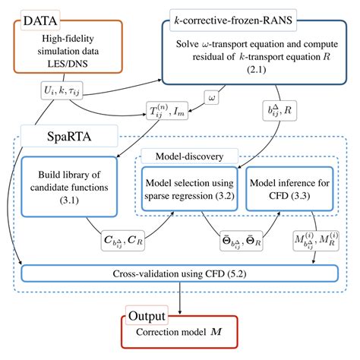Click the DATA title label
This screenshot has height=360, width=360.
pyautogui.click(x=40, y=21)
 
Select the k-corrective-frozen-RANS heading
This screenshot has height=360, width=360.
pyautogui.click(x=233, y=21)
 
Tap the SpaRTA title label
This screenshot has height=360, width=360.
pyautogui.click(x=69, y=136)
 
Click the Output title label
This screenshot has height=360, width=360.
pyautogui.click(x=147, y=316)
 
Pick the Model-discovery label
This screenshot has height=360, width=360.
pyautogui.click(x=189, y=156)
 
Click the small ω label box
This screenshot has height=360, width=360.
pyautogui.click(x=212, y=97)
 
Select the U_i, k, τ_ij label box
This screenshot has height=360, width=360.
pyautogui.click(x=62, y=90)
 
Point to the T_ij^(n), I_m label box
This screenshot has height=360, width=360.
pyautogui.click(x=167, y=111)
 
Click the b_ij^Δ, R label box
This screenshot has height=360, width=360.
pyautogui.click(x=279, y=111)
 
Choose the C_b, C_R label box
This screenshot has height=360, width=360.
pyautogui.click(x=123, y=241)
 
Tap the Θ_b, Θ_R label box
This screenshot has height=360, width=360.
pyautogui.click(x=242, y=241)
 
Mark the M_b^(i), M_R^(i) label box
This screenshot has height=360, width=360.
pyautogui.click(x=316, y=241)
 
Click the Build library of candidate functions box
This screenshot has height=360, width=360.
pyautogui.click(x=69, y=187)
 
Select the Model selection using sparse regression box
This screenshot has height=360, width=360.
pyautogui.click(x=189, y=189)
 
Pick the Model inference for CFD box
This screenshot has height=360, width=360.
pyautogui.click(x=289, y=189)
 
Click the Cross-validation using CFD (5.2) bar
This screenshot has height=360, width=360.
pyautogui.click(x=180, y=273)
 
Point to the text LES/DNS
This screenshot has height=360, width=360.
pyautogui.click(x=68, y=64)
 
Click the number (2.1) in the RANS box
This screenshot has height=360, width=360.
pyautogui.click(x=257, y=69)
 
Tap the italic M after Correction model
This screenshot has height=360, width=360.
pyautogui.click(x=216, y=332)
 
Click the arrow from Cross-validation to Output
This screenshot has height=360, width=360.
pyautogui.click(x=180, y=298)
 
